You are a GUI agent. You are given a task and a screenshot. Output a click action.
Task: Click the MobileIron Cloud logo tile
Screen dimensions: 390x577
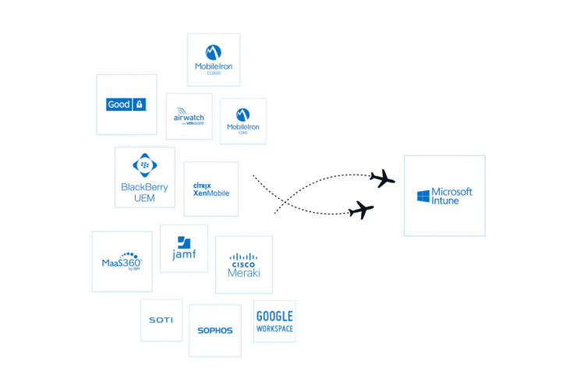[214, 59]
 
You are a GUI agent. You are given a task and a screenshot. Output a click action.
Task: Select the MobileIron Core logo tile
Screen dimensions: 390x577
[242, 121]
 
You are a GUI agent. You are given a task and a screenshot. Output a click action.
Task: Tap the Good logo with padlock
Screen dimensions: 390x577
[126, 105]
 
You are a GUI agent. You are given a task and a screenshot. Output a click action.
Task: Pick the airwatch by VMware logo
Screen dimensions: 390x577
[189, 116]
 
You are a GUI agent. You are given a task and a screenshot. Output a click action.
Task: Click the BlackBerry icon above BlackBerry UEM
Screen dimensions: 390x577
[144, 165]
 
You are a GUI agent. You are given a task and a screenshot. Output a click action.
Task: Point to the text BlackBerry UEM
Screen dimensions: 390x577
[144, 193]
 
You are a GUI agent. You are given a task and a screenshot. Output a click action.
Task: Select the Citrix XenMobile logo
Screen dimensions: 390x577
[211, 189]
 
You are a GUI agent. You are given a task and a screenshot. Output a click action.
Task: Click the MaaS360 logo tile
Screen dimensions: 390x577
[122, 261]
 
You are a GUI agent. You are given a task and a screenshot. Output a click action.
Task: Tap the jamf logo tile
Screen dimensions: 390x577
[184, 248]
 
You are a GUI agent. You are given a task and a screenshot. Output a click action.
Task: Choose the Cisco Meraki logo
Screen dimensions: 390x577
[243, 265]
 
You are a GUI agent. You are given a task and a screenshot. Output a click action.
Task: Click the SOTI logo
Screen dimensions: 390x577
[161, 320]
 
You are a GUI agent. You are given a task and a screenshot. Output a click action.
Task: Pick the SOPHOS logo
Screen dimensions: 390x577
[214, 331]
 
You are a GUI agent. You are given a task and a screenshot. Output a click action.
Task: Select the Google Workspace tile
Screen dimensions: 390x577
[274, 321]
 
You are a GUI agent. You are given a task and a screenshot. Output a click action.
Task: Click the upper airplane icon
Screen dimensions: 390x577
[381, 179]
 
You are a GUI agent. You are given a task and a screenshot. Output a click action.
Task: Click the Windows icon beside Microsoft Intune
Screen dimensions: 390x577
[423, 196]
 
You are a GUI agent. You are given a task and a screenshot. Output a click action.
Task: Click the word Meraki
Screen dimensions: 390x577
[243, 273]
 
